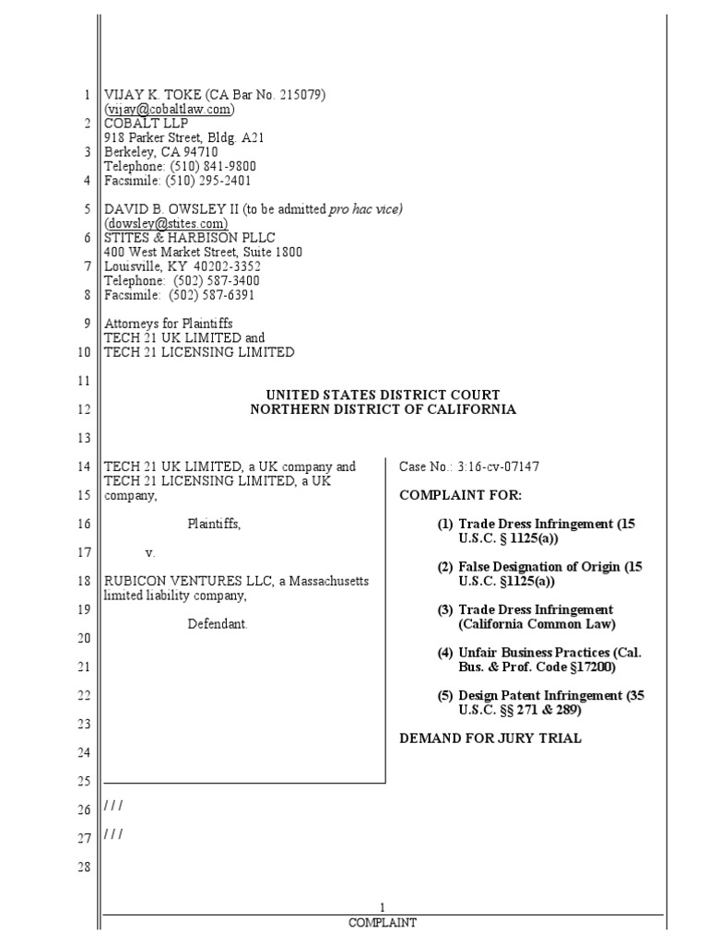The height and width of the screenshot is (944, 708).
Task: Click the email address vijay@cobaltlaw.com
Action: point(170,109)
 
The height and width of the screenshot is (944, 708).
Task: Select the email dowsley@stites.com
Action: point(166,223)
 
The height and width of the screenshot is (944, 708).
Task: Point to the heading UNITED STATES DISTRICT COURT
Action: point(383,395)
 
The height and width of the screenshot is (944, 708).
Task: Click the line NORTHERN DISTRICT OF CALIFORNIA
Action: point(383,409)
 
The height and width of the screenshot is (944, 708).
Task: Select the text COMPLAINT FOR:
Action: point(447,495)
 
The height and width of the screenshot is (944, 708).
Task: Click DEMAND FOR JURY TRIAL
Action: point(490,738)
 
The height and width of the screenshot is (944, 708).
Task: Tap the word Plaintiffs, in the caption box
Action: point(214,524)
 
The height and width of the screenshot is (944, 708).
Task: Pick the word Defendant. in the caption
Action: point(218,624)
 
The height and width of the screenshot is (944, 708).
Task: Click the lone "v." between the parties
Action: point(150,553)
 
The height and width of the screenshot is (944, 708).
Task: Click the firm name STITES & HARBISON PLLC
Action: point(190,238)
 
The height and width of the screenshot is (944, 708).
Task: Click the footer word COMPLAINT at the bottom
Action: point(383,922)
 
